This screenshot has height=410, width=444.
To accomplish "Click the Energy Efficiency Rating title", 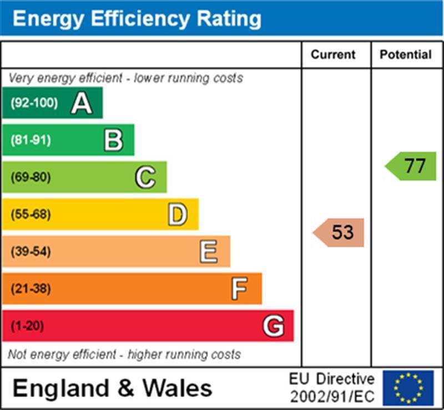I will pyautogui.click(x=137, y=18).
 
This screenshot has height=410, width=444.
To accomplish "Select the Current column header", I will pyautogui.click(x=333, y=55).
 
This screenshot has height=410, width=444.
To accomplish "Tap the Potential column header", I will pyautogui.click(x=405, y=55).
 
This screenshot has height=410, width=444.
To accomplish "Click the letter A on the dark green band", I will pyautogui.click(x=81, y=103).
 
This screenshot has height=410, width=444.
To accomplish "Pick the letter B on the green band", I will pyautogui.click(x=113, y=140).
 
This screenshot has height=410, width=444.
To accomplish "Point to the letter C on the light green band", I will pyautogui.click(x=145, y=177).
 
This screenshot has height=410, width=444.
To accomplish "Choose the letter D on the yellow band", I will pyautogui.click(x=177, y=215).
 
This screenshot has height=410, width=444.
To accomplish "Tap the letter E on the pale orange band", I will pyautogui.click(x=209, y=252).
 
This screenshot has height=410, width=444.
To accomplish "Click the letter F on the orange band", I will pyautogui.click(x=240, y=289).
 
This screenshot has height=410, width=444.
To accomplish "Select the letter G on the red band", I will pyautogui.click(x=273, y=326).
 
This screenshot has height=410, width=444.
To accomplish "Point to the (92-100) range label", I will pyautogui.click(x=34, y=103).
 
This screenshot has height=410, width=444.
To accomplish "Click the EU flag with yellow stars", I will pyautogui.click(x=408, y=388).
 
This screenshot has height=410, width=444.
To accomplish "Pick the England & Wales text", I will pyautogui.click(x=112, y=388).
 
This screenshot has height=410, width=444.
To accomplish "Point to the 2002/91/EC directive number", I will pyautogui.click(x=332, y=397).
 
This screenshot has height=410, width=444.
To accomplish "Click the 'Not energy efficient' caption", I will pyautogui.click(x=124, y=354).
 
